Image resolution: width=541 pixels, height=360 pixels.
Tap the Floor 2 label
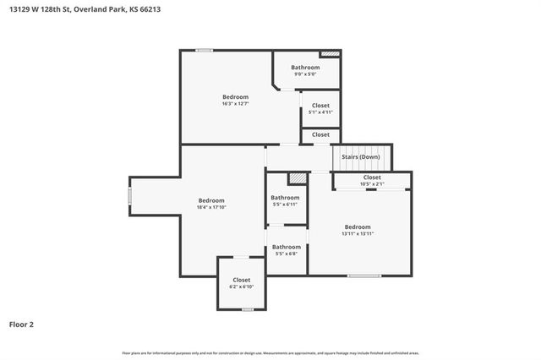[x=22, y=324]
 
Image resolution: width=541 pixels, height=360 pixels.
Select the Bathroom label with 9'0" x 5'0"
[x=305, y=68]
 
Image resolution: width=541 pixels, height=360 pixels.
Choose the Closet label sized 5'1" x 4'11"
[x=321, y=106]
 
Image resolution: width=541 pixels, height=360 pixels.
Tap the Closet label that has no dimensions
[x=321, y=134]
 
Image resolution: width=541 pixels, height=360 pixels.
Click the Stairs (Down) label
[x=360, y=157]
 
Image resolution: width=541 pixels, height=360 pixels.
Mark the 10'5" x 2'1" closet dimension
[x=372, y=183]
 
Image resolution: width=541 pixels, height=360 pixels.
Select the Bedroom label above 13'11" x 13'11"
[x=358, y=226]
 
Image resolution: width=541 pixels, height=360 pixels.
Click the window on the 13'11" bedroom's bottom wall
[x=363, y=275]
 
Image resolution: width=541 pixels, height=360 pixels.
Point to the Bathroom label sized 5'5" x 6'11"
[x=286, y=198]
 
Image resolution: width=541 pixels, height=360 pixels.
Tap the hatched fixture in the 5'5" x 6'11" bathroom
[x=296, y=178]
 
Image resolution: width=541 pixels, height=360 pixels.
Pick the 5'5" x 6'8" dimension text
[x=286, y=254]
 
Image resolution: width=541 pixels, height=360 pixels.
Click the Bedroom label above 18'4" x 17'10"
[x=211, y=200]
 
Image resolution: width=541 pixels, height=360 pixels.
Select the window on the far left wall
[x=129, y=195]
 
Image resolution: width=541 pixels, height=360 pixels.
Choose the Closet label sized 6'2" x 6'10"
[x=241, y=280]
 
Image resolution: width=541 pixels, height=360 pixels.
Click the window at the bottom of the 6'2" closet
[x=247, y=309]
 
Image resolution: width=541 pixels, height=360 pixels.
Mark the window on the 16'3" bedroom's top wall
[x=204, y=51]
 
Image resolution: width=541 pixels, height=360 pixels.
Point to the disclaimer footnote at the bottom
[x=270, y=352]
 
